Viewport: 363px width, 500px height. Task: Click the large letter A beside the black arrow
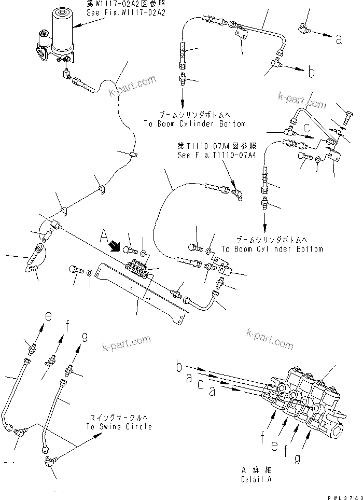pos(103,238)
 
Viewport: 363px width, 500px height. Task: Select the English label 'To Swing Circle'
pos(119,426)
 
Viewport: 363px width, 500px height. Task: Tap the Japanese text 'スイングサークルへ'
pos(119,418)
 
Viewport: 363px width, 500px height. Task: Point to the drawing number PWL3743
pos(344,495)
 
